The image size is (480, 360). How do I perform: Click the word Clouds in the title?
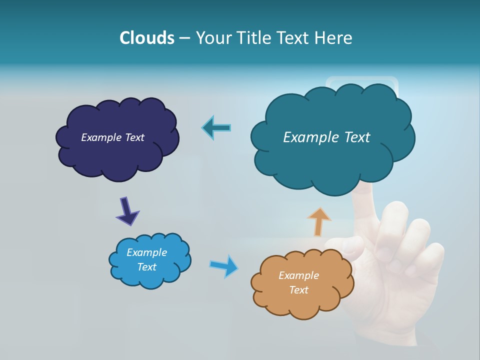coord(146,38)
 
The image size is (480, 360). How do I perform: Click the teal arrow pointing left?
coord(216,128)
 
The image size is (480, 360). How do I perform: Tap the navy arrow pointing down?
coord(127,211)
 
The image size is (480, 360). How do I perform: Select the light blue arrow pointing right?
coord(224,265)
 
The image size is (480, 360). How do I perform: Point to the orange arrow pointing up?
coord(319,221)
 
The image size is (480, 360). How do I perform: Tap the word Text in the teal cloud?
coord(357,137)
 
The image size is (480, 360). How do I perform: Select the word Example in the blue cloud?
coord(146,252)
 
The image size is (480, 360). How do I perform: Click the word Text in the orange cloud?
coord(298,290)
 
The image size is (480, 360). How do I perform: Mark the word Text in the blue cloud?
coord(146,267)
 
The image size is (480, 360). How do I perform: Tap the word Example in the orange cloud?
coord(298,275)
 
